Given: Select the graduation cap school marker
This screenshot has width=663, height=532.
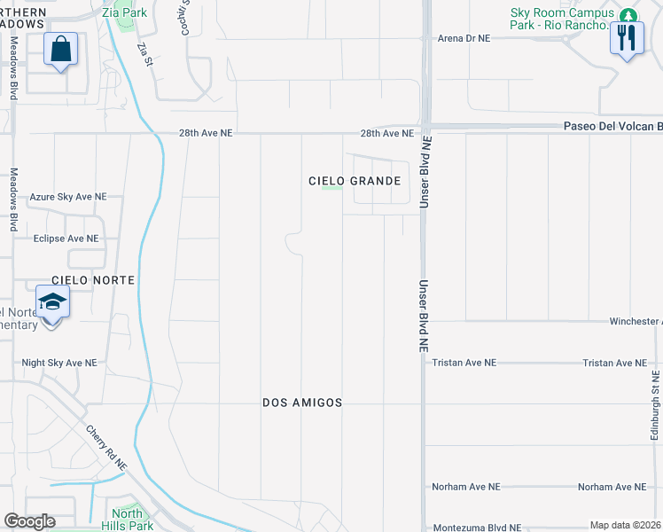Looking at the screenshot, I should coord(52,303).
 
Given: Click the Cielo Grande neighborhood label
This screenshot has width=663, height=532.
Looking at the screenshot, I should coord(355,181).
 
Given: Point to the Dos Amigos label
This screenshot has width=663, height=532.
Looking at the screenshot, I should coord(302,403).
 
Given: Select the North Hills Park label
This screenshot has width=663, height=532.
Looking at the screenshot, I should coord(127,520).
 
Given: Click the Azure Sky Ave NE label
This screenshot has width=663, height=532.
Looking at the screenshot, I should coord(68,197).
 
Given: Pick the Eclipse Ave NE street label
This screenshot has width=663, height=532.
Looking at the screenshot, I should coord(66,239).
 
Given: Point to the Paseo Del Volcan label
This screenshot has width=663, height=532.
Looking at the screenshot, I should coord(612,126).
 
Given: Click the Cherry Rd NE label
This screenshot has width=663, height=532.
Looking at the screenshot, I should coord(107,448).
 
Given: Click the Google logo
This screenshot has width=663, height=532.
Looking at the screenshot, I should coord(29,521).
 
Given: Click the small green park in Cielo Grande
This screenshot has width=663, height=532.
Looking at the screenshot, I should coord(331,187).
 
